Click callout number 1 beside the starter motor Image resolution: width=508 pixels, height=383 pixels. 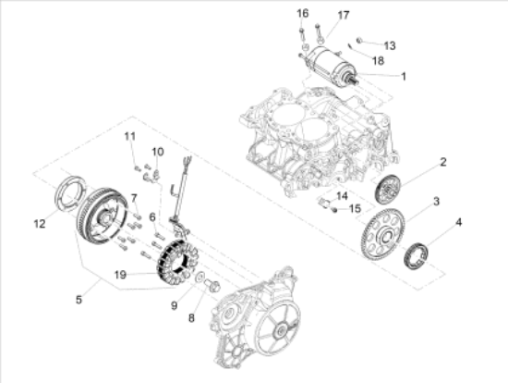point(404,77)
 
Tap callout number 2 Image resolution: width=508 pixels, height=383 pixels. point(443,162)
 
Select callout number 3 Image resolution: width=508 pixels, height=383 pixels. point(436,202)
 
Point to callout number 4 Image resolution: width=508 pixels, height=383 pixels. point(458,223)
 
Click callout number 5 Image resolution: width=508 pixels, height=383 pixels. point(79,300)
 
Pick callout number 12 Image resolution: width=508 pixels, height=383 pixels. point(40,224)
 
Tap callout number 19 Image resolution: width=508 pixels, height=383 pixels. point(120,275)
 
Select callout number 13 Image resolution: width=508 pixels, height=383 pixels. point(390,45)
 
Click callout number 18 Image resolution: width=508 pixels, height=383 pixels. point(378,61)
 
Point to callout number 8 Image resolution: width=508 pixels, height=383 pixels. point(191,318)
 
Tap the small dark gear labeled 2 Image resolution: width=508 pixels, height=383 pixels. point(387,190)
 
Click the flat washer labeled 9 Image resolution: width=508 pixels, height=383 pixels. point(200,277)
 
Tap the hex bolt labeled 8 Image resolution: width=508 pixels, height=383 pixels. point(212,285)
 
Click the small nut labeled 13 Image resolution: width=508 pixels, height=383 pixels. point(359,41)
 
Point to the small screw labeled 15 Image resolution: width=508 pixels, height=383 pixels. point(335,210)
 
